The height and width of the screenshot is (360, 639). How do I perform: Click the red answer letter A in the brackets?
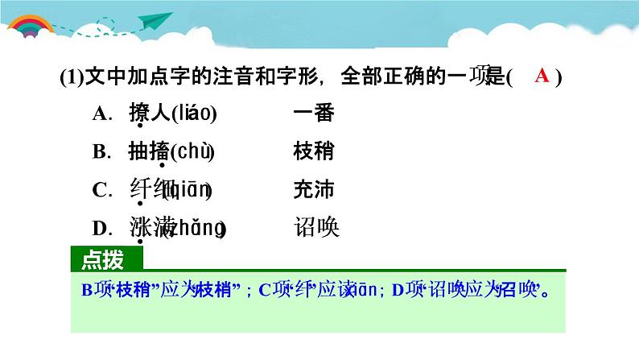click(542, 77)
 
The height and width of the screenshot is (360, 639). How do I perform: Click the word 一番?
click(314, 114)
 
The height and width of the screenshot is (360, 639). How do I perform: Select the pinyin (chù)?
click(192, 152)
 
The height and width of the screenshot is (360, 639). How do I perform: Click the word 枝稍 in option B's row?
click(314, 152)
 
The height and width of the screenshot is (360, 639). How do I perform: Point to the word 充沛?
click(314, 191)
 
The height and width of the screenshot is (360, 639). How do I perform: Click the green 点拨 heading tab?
click(104, 259)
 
